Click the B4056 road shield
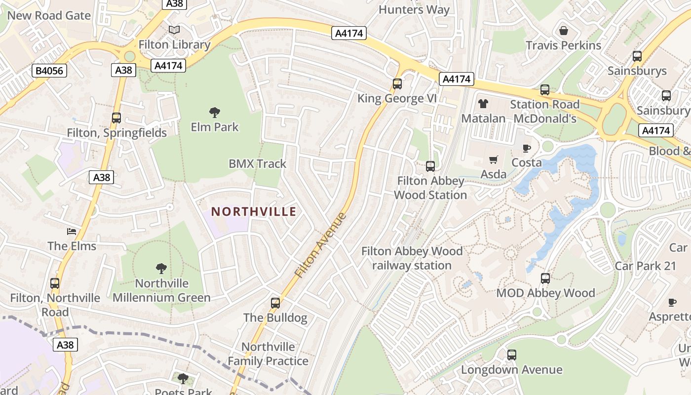click(x=50, y=71)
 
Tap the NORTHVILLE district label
click(x=254, y=212)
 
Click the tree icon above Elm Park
click(x=214, y=113)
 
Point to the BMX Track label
click(x=257, y=163)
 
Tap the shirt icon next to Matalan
click(x=483, y=104)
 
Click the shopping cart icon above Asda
click(x=493, y=159)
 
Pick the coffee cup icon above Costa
click(x=527, y=148)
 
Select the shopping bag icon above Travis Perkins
click(x=564, y=31)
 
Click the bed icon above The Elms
click(x=72, y=231)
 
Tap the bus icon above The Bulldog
click(x=275, y=303)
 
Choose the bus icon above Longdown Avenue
click(x=512, y=355)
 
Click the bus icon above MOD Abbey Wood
click(x=545, y=278)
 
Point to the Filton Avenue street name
click(x=320, y=245)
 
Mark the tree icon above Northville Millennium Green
click(x=161, y=269)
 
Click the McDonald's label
click(x=545, y=119)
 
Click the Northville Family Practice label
click(x=268, y=354)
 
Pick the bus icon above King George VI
click(x=397, y=84)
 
